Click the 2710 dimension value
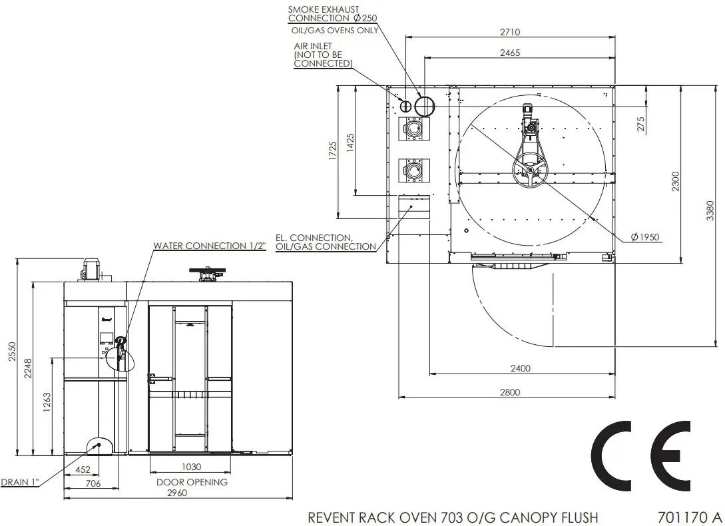click(510, 32)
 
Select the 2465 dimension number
click(510, 53)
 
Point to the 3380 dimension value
click(710, 210)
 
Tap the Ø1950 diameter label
click(645, 237)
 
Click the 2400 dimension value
click(520, 368)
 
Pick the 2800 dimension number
click(510, 392)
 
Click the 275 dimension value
click(641, 124)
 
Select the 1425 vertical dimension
click(350, 143)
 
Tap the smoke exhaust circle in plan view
click(425, 107)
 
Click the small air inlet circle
click(405, 107)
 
